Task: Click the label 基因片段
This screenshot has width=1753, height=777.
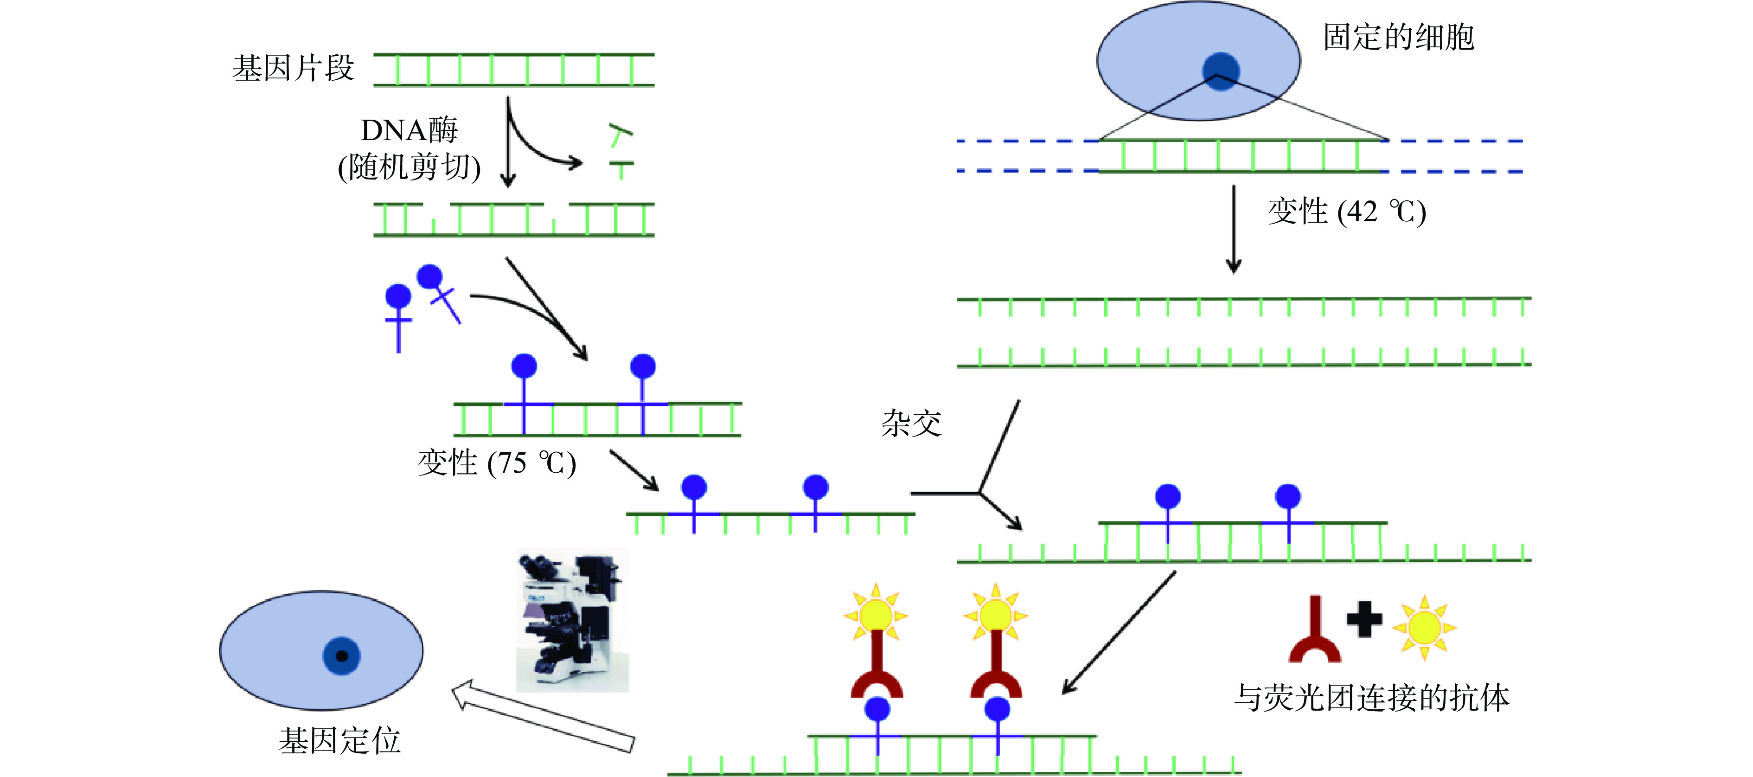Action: [293, 69]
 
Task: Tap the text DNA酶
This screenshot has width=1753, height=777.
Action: [409, 130]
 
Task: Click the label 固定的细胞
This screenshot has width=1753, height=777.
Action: [1398, 37]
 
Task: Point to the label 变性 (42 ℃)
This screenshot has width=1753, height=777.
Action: [1346, 212]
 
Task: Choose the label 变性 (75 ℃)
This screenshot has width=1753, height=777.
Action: [497, 463]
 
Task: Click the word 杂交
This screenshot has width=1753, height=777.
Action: [911, 424]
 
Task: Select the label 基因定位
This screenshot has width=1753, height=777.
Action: [339, 741]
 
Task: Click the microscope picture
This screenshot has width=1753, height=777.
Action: [572, 620]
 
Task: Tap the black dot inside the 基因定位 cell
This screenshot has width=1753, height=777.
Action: [342, 656]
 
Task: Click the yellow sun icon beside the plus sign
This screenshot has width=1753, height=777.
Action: [1424, 628]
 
